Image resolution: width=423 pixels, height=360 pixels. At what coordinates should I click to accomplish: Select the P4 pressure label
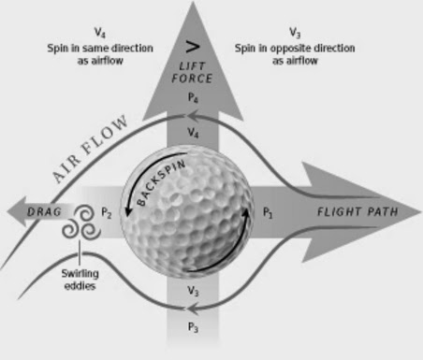tap(192, 97)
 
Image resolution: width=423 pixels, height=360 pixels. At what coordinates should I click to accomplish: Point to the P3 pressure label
tap(193, 327)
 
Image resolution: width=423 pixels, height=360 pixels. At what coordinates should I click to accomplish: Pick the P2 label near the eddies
tap(107, 213)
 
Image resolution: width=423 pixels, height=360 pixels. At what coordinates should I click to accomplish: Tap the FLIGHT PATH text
tap(357, 212)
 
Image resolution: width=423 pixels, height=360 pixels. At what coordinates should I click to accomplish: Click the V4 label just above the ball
tap(193, 135)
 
